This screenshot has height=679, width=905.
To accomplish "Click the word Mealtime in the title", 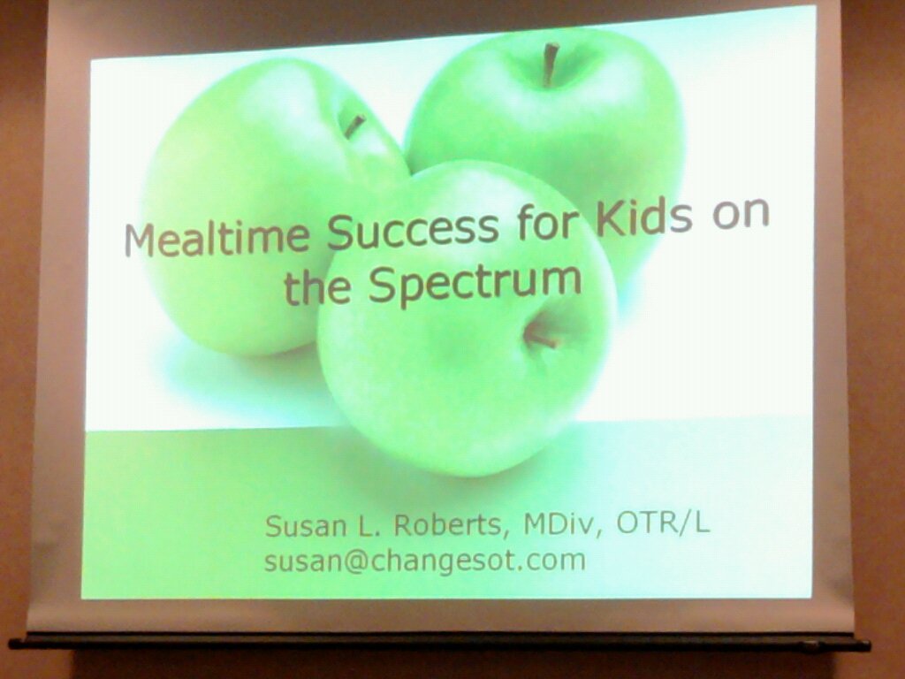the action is tap(216, 236).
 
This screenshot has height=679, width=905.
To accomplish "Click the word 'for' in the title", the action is tap(546, 222).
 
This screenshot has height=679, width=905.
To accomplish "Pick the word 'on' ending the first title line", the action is tap(741, 212).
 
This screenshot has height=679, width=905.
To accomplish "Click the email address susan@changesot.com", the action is tap(425, 561).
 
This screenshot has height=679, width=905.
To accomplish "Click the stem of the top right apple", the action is tap(550, 65).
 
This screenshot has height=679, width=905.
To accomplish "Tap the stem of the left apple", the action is tap(354, 126).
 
